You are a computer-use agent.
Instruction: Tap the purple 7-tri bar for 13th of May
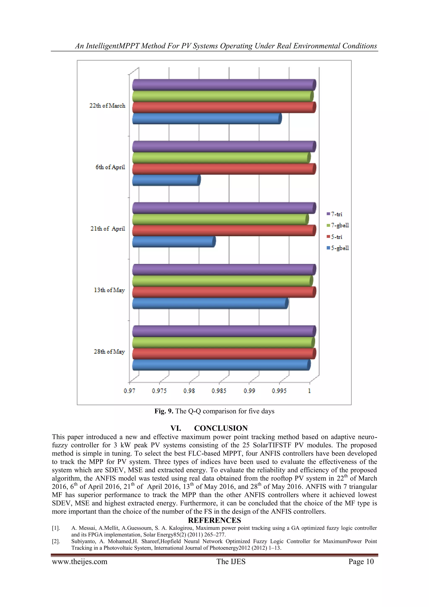click(224, 270)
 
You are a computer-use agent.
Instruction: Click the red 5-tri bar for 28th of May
click(224, 354)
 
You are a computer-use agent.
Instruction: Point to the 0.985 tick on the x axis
click(219, 391)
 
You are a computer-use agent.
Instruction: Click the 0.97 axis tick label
click(129, 391)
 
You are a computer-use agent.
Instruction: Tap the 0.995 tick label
click(279, 391)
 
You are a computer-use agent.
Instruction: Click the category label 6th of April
click(110, 167)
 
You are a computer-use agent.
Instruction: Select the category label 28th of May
click(109, 352)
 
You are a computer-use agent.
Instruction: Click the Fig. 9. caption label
click(164, 411)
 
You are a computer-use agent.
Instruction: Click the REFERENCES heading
click(214, 520)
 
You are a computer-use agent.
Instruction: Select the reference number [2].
click(56, 541)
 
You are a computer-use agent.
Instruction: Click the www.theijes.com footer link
click(80, 561)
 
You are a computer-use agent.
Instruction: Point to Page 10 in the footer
click(361, 561)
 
